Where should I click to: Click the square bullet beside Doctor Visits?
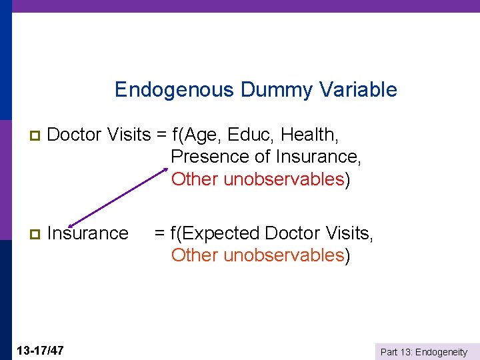coord(27,136)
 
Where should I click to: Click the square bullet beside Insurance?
coord(27,234)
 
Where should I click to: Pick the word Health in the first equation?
coord(309,135)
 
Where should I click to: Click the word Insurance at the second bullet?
coord(88,233)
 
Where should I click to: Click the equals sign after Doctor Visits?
coord(161,135)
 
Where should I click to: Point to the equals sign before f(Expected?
coord(160,233)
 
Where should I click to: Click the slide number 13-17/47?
coord(39,350)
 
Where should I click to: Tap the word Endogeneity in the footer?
coord(442,352)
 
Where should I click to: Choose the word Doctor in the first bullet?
coord(73,135)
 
